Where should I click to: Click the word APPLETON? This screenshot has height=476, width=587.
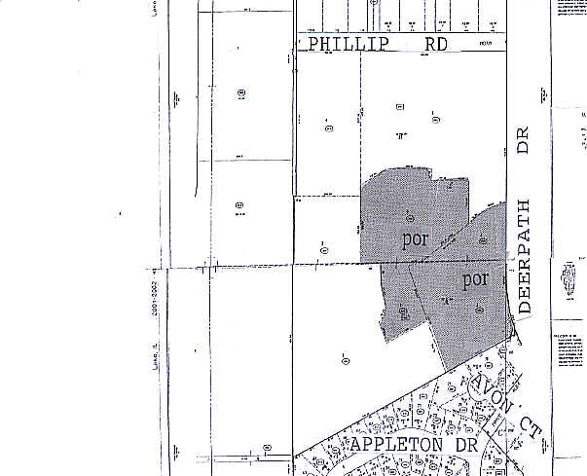point(392,445)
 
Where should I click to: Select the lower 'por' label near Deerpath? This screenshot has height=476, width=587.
point(474,279)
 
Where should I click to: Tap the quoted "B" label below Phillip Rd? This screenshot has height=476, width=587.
point(399,135)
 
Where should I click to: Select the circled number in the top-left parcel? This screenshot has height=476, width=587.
point(238,93)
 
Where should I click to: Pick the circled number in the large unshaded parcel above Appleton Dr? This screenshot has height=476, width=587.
point(346,360)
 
